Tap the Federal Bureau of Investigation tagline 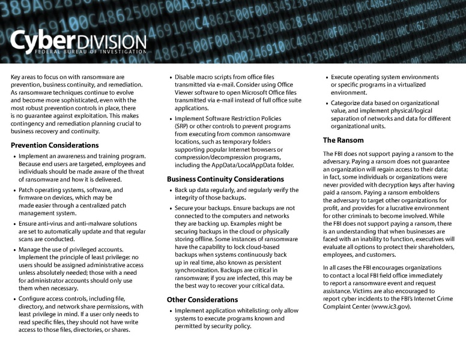[x=78, y=53]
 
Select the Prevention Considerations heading [x=55, y=145]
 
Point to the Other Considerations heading [x=202, y=299]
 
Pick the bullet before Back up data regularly [x=171, y=190]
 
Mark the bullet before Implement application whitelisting [x=171, y=311]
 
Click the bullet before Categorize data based [x=327, y=103]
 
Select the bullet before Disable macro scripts [x=171, y=77]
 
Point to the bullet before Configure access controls [x=14, y=299]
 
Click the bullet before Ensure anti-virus [x=14, y=224]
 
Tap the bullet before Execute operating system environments [x=327, y=77]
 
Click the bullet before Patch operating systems [x=14, y=190]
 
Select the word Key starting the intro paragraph [x=16, y=77]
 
